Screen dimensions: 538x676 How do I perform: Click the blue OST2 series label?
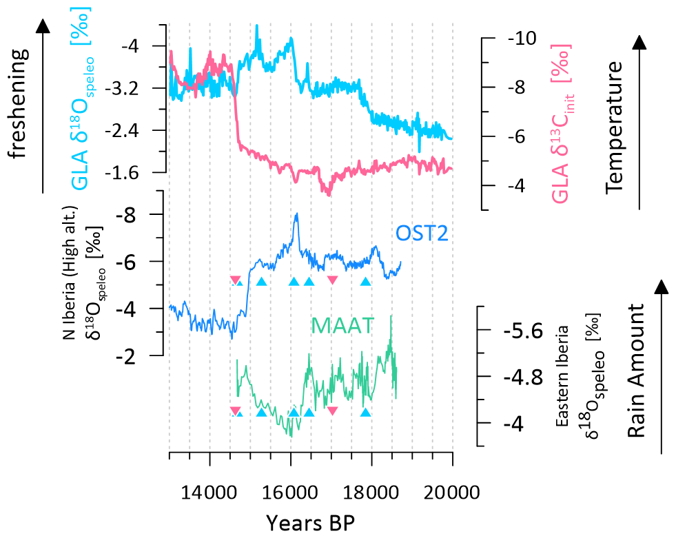pos(422,234)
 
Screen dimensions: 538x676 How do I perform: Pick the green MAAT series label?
pos(342,324)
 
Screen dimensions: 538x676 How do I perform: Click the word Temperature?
pos(615,125)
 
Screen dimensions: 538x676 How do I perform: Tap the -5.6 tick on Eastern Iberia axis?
pos(509,331)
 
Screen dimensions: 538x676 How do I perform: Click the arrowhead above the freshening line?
pos(43,26)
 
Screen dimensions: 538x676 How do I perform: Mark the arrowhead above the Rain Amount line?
pos(662,287)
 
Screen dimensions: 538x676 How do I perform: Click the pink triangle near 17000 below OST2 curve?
pos(332,280)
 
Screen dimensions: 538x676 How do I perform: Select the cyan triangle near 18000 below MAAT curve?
pos(365,413)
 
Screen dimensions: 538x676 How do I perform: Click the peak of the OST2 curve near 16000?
pos(296,214)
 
